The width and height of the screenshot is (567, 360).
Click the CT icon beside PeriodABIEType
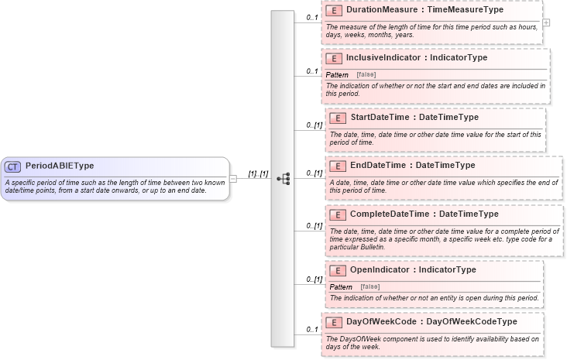coord(13,166)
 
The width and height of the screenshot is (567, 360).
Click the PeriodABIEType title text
coord(60,166)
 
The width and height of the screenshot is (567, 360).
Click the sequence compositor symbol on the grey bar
coord(283,178)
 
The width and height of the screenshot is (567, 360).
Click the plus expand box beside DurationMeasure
coord(546,22)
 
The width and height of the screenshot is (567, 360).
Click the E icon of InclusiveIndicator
coord(333,58)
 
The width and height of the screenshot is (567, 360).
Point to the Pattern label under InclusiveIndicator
coord(337,74)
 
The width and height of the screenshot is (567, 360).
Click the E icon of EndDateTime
coord(337,166)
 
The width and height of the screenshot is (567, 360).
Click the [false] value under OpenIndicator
coord(370,286)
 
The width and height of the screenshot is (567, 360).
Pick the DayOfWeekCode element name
coord(376,321)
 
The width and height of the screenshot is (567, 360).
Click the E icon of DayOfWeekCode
coord(333,322)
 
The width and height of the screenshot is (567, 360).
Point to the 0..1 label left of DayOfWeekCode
coord(312,330)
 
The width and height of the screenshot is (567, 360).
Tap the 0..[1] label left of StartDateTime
coord(314,125)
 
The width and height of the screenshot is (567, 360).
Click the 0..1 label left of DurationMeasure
coord(312,17)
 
